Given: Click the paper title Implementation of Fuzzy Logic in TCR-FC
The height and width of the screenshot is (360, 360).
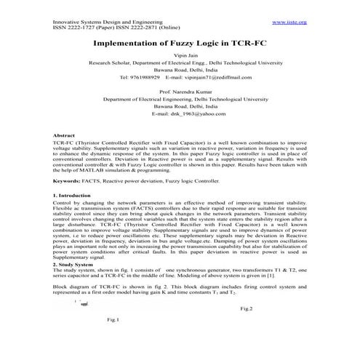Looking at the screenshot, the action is (179, 44).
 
